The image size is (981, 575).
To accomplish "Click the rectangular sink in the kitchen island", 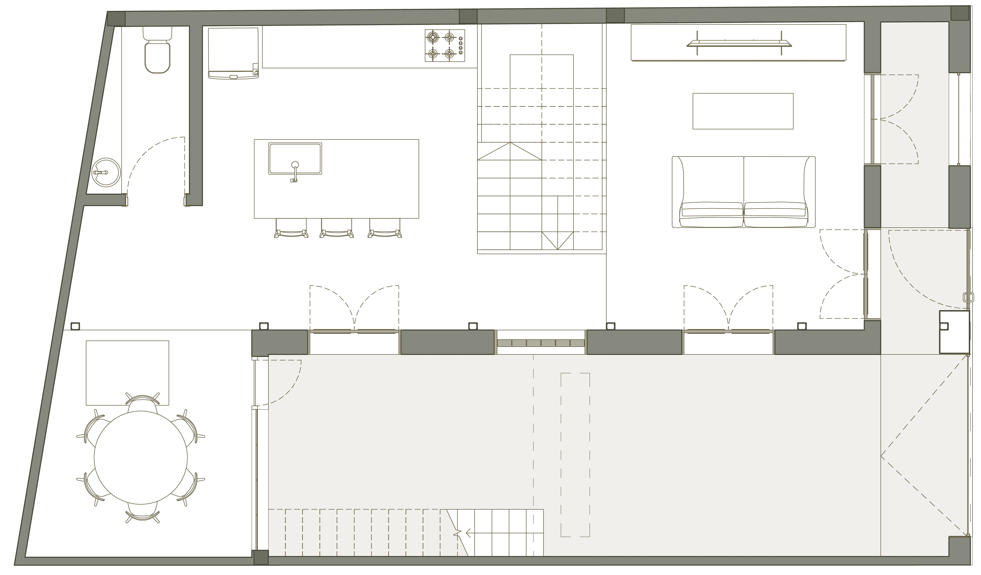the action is coord(295,158).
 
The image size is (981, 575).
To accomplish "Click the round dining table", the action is coord(141,458).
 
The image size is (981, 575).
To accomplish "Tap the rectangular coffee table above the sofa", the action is coord(743,111).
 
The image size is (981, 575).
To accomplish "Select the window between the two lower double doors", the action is coord(541,342).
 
